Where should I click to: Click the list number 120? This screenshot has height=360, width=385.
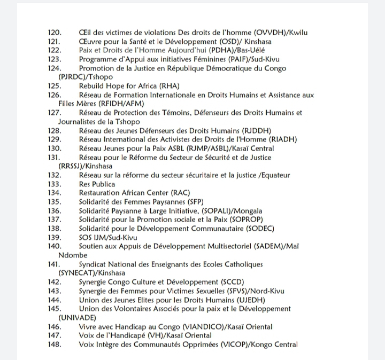click(x=55, y=33)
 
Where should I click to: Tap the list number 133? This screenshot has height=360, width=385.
click(x=55, y=184)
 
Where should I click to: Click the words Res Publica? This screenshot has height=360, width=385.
click(x=97, y=184)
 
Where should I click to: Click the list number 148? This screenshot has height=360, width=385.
click(x=55, y=345)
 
